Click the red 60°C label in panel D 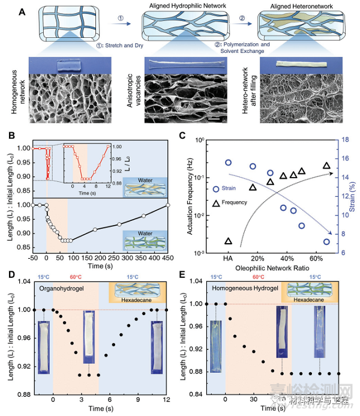point(76,278)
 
